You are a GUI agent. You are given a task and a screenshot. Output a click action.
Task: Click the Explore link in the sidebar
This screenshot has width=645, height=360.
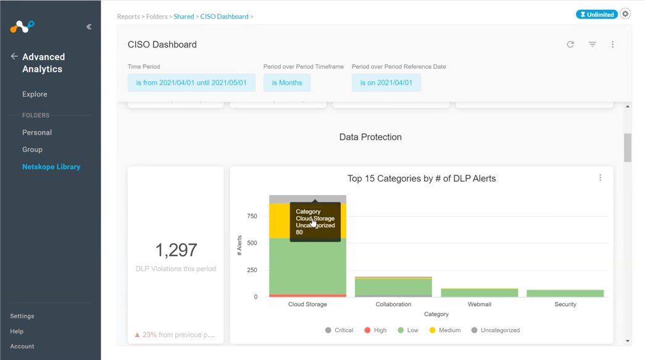click(x=35, y=94)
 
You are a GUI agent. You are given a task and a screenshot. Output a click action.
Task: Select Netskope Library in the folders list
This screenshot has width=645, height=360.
click(x=51, y=167)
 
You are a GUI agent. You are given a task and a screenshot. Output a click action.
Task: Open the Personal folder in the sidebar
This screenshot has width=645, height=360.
click(x=37, y=133)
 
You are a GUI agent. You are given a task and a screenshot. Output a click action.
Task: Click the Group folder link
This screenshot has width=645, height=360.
click(x=32, y=149)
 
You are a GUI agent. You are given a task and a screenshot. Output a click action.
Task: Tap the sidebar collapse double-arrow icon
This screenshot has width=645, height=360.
click(x=89, y=27)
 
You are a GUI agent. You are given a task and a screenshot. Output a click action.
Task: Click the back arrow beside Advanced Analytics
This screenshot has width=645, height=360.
click(x=14, y=56)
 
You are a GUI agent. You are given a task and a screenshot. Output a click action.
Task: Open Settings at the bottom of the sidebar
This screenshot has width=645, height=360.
click(x=22, y=316)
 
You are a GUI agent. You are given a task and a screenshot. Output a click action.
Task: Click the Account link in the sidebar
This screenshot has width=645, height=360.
click(x=22, y=346)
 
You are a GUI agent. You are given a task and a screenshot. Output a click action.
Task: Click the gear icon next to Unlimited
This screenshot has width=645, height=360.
click(x=625, y=14)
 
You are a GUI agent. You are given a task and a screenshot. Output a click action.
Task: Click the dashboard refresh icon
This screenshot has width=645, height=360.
click(x=570, y=44)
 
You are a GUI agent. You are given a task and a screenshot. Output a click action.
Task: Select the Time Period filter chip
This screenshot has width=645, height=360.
click(x=191, y=83)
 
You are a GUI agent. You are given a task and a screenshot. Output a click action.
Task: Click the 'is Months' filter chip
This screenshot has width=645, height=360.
click(x=287, y=83)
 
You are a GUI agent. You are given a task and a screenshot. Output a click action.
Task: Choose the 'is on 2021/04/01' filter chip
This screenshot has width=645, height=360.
click(x=386, y=83)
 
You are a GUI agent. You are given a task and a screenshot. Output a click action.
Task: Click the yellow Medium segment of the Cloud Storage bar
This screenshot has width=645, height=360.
click(x=279, y=221)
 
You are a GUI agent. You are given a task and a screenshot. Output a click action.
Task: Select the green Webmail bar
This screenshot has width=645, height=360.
click(x=480, y=293)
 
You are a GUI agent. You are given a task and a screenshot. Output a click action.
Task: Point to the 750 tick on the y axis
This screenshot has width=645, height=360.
click(x=252, y=216)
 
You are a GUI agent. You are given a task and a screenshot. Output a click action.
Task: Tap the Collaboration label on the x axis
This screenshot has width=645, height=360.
click(x=393, y=304)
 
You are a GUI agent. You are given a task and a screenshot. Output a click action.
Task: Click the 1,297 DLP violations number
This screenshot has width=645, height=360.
click(x=176, y=250)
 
